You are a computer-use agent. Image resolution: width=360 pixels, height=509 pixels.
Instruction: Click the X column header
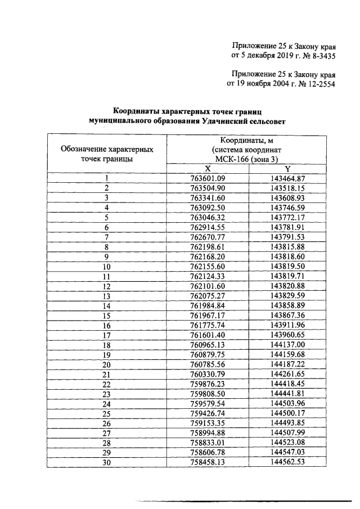(208, 169)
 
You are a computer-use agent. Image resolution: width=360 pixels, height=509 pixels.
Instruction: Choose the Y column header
(287, 169)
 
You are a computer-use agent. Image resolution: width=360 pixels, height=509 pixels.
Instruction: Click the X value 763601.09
(208, 178)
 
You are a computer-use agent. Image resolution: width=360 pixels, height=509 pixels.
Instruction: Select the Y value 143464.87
(287, 178)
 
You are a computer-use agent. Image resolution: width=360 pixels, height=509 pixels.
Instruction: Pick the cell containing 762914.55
(208, 227)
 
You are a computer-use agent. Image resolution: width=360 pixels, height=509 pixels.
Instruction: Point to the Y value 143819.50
(287, 266)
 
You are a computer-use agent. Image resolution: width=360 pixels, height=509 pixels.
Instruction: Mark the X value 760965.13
(208, 345)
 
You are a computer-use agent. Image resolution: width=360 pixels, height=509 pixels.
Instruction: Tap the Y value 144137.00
(287, 345)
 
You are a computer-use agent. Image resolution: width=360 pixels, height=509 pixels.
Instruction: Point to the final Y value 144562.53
(287, 462)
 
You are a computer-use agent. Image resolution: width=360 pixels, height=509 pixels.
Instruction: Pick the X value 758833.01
(208, 443)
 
